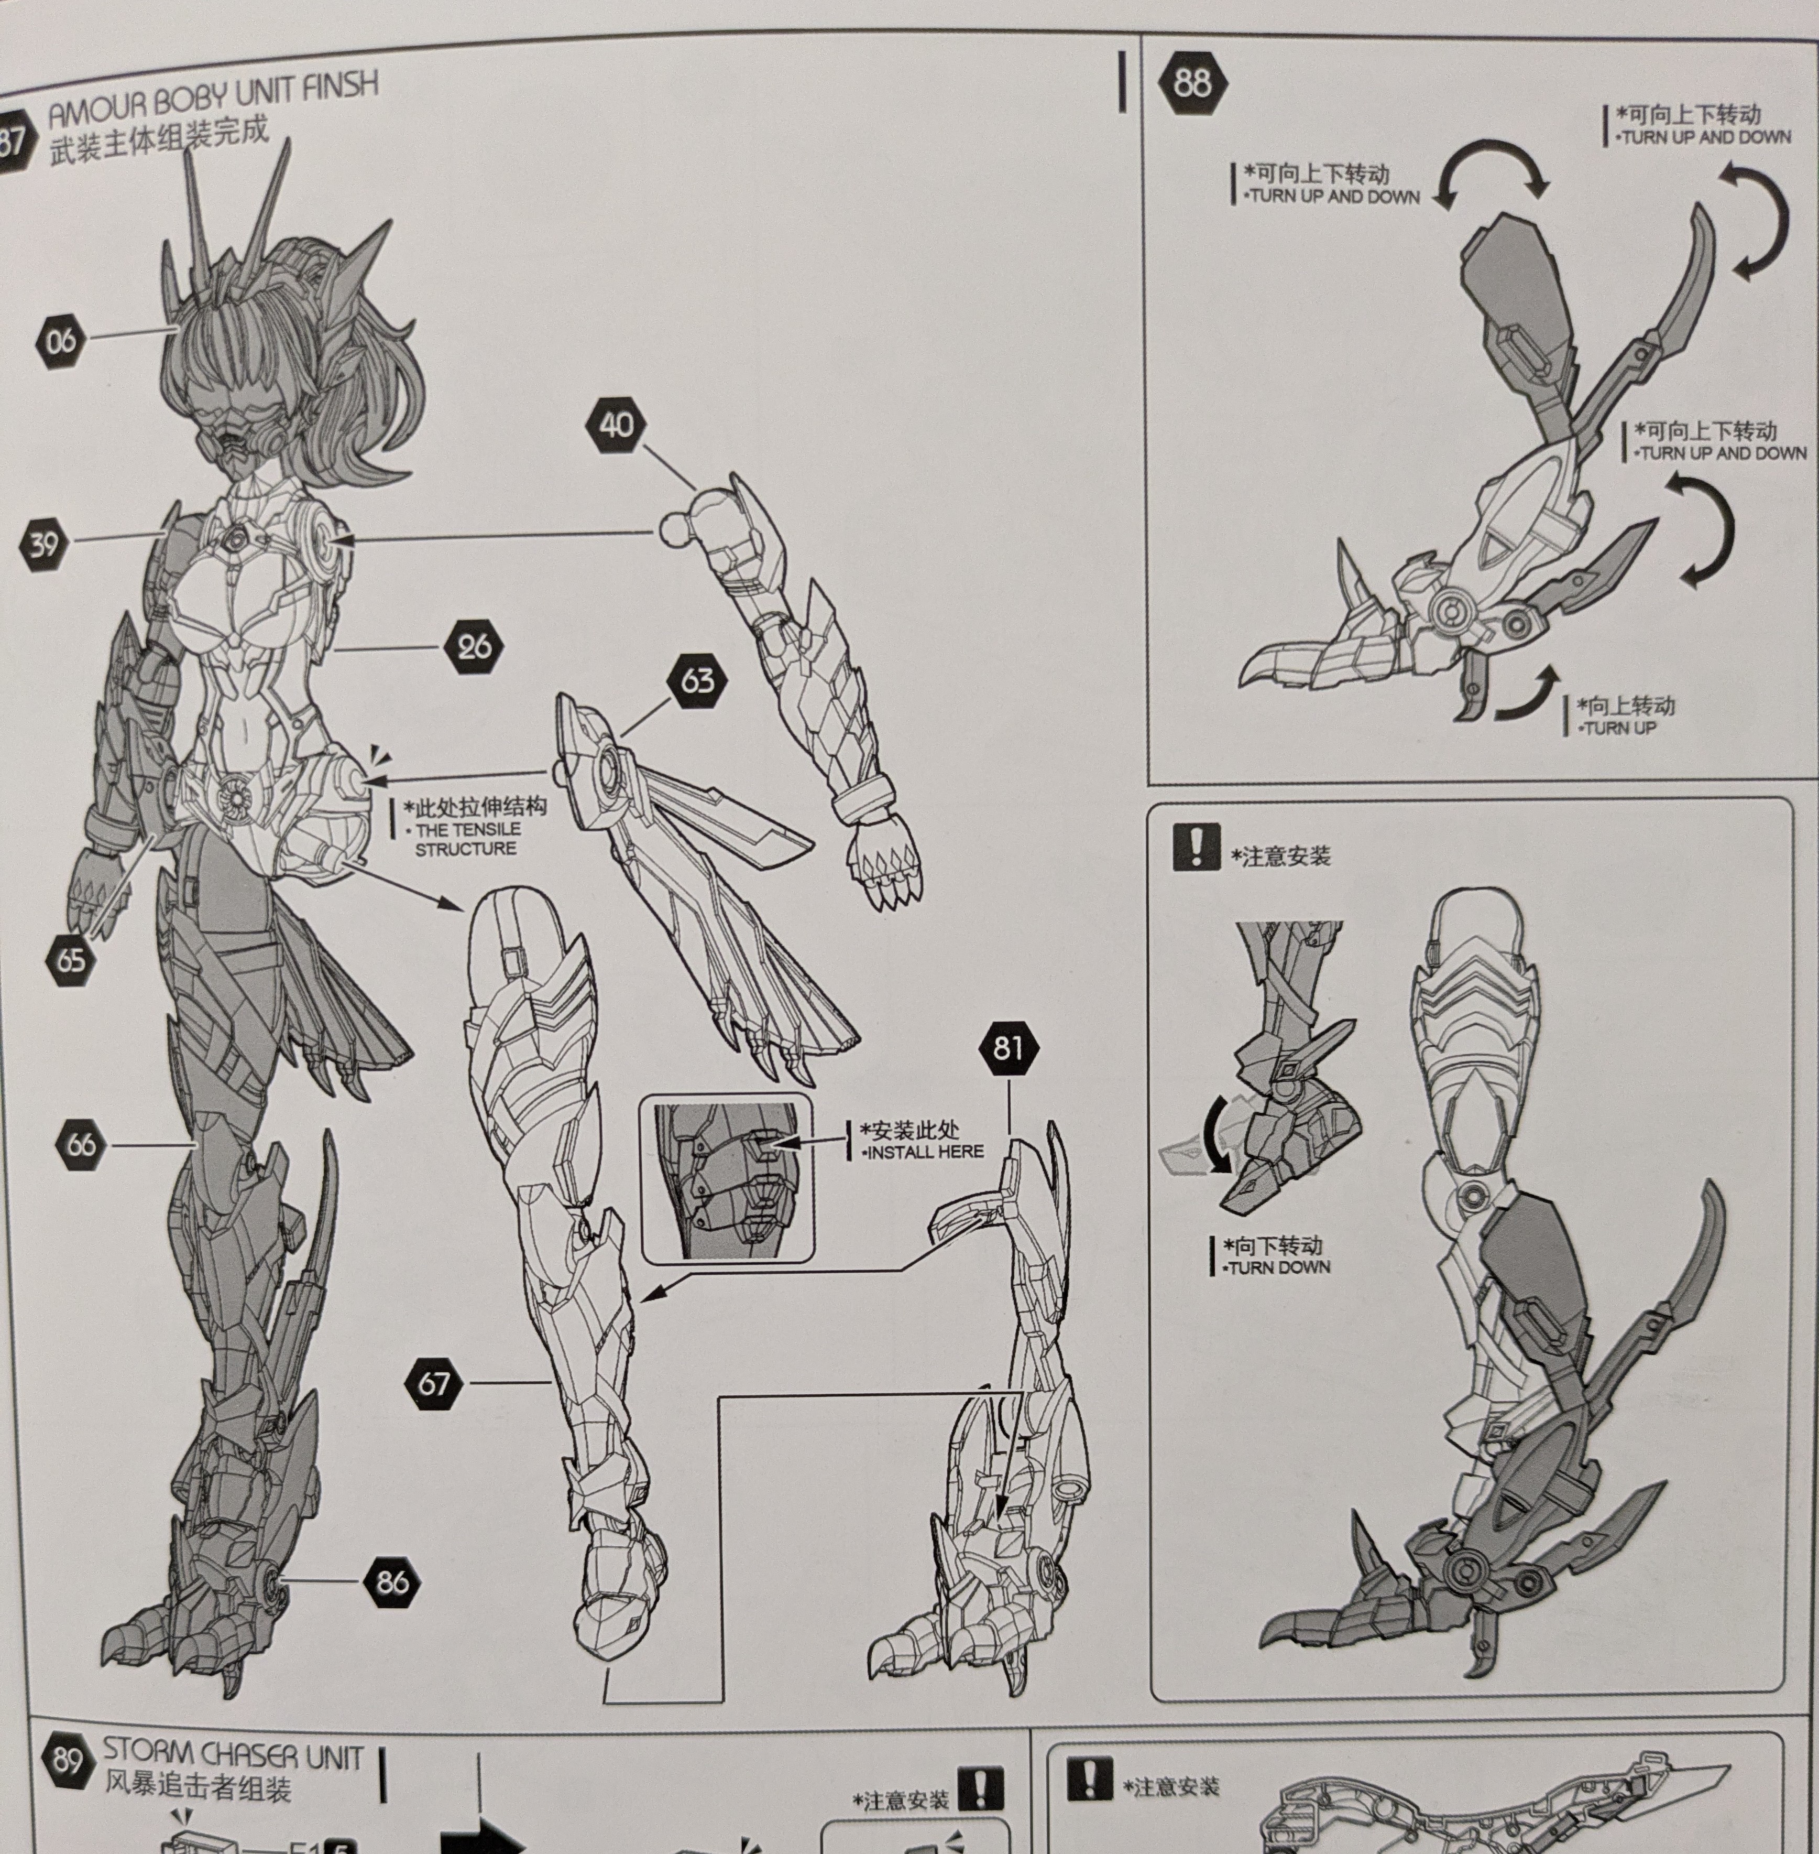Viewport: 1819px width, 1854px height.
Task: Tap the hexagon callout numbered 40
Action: [x=616, y=424]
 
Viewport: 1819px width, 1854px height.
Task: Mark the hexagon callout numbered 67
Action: [x=434, y=1383]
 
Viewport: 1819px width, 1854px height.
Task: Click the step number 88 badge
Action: [x=1191, y=84]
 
